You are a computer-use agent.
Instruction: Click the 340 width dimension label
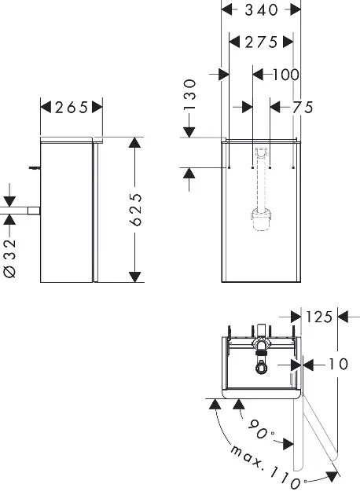coord(262,10)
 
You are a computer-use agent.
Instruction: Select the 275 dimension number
coord(261,42)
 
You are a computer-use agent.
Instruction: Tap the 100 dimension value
coord(285,75)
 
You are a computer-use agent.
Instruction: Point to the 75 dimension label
coord(302,108)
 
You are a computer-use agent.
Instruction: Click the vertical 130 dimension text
coord(189,94)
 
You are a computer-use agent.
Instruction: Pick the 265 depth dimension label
coord(72,108)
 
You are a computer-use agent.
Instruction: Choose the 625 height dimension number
coord(136,210)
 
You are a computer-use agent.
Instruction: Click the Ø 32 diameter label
coord(9,258)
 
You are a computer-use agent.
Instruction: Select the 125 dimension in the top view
coord(319,317)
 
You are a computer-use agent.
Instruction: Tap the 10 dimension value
coord(339,365)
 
